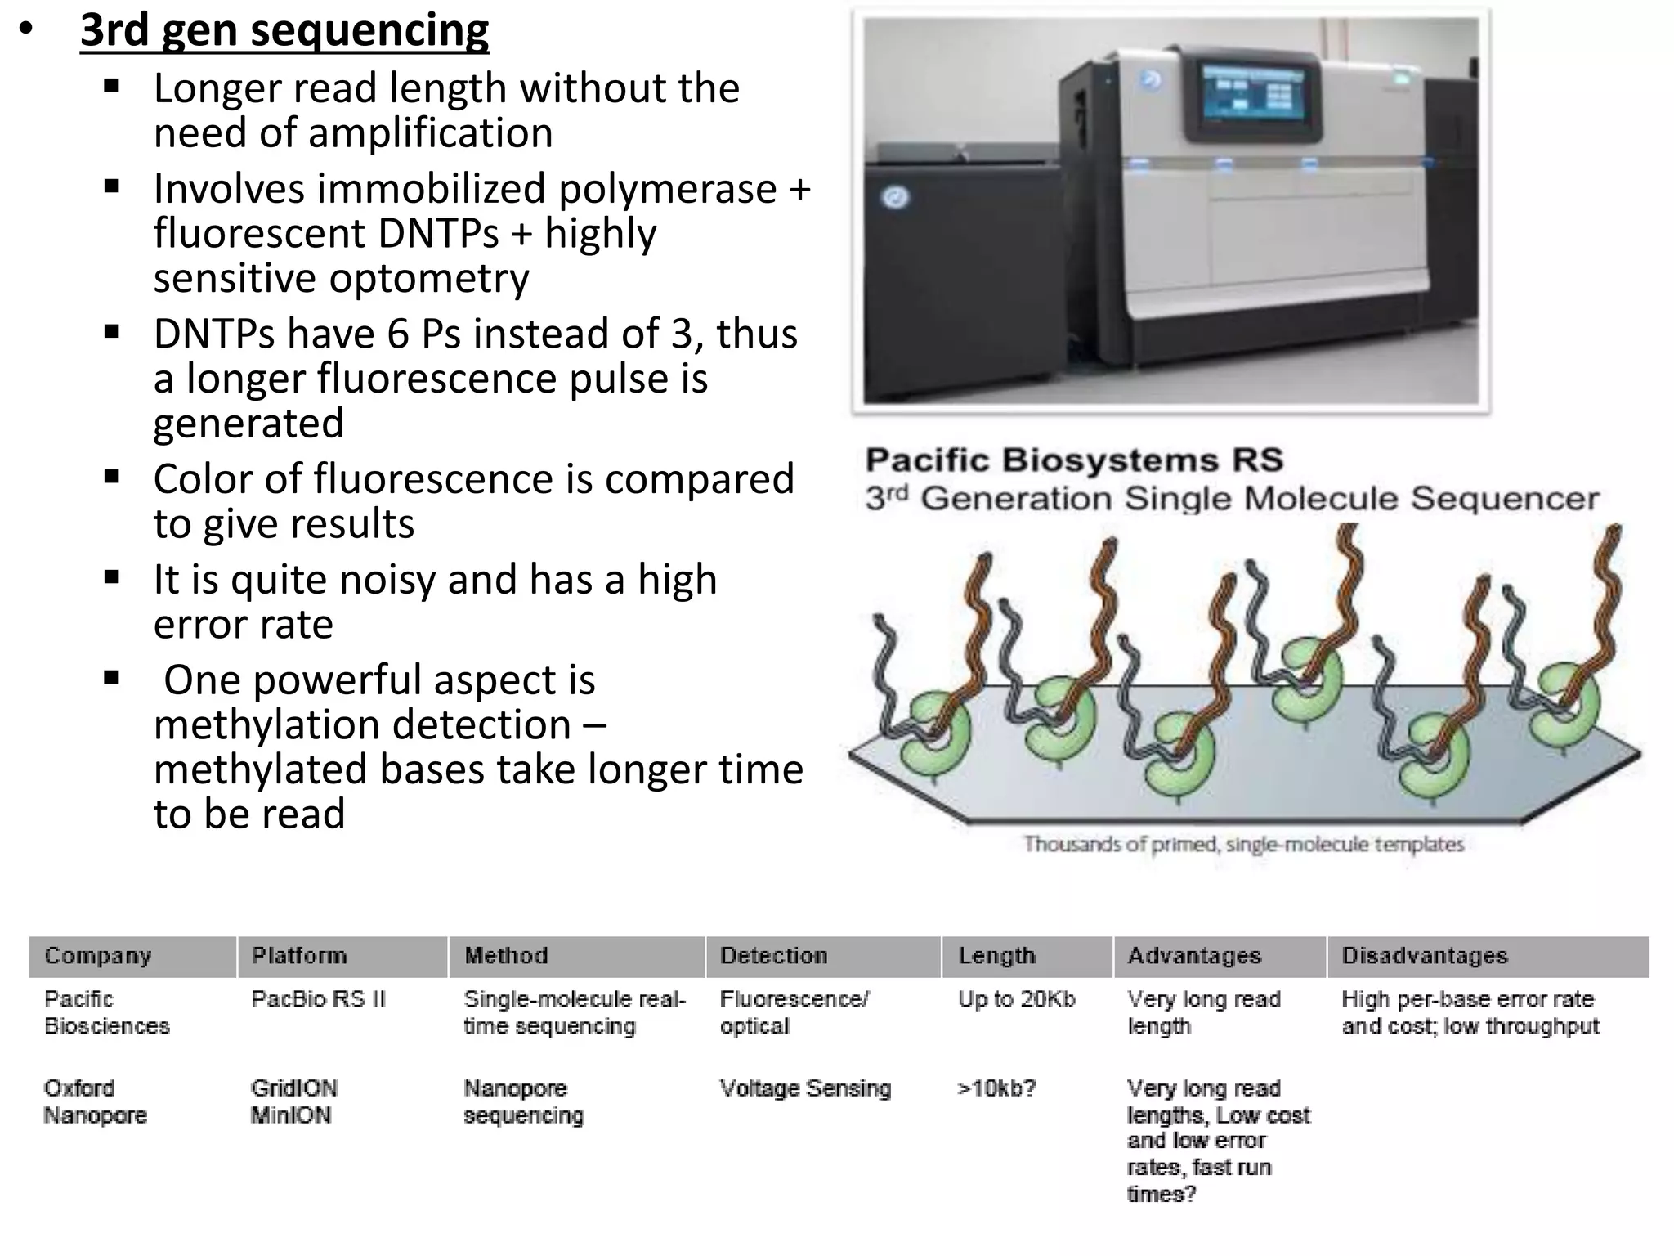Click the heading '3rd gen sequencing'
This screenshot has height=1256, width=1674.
(284, 31)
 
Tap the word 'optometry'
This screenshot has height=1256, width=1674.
(428, 279)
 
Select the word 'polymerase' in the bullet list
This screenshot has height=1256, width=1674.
(667, 189)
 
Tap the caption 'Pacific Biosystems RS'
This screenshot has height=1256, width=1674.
(1074, 460)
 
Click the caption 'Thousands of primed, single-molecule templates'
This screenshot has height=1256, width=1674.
(1243, 844)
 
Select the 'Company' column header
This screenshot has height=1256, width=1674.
(98, 956)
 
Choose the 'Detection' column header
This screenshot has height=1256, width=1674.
(773, 956)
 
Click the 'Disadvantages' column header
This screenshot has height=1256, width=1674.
(1424, 956)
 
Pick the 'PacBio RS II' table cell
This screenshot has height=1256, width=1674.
(318, 999)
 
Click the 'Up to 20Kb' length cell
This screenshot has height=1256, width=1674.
(1016, 999)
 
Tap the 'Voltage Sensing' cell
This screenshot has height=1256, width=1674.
(805, 1088)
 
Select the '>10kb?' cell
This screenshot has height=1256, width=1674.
(996, 1088)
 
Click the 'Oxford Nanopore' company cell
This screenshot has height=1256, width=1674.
(95, 1101)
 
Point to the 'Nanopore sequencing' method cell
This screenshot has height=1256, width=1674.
(523, 1101)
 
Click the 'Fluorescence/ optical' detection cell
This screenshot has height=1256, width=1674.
(794, 1012)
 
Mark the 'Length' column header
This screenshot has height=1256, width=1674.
(996, 956)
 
